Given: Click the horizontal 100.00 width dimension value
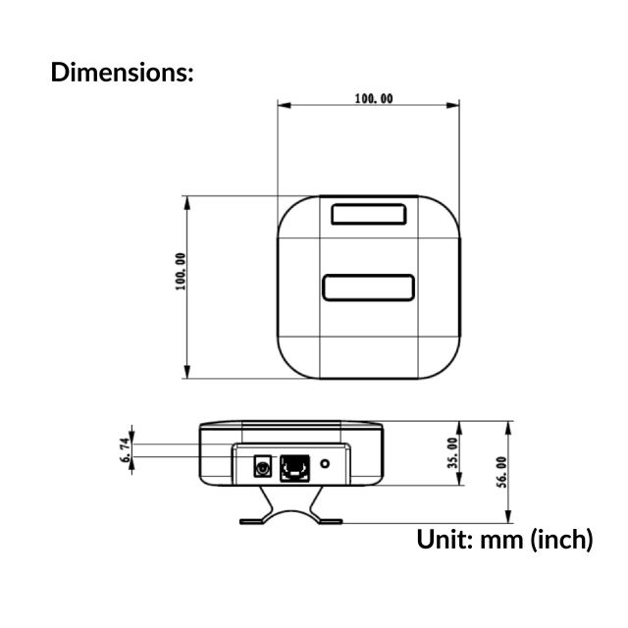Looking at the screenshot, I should (x=374, y=99).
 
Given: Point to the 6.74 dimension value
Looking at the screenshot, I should (x=125, y=449).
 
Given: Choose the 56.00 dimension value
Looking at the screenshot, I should (x=501, y=471).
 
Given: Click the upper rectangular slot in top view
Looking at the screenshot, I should (x=368, y=213).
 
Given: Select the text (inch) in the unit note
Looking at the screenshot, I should (x=561, y=539).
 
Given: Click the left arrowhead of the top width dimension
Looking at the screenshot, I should (x=282, y=104).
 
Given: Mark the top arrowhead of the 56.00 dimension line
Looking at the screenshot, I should (x=508, y=426).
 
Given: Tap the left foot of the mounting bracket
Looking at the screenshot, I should (x=252, y=520).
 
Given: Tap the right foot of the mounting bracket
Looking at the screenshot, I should (x=331, y=520).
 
